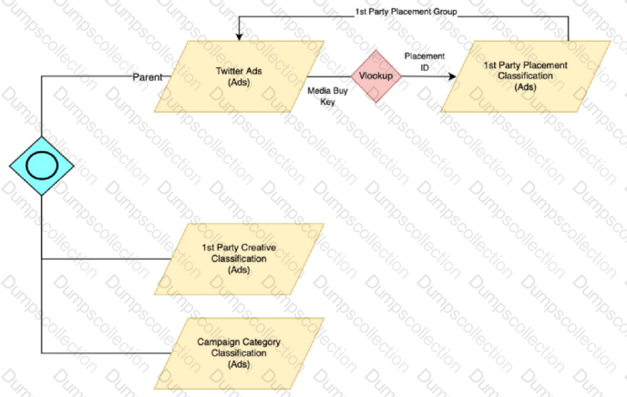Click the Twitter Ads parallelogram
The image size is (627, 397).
(x=239, y=76)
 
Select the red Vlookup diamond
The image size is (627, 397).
(x=375, y=76)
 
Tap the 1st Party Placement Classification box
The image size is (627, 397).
(x=525, y=76)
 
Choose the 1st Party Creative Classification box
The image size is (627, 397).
(x=239, y=258)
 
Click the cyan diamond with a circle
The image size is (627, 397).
(x=42, y=165)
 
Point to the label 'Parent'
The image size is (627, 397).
(x=148, y=77)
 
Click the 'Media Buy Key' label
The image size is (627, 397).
(x=325, y=98)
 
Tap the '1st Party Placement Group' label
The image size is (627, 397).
(x=406, y=12)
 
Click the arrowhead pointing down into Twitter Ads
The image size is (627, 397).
(x=239, y=37)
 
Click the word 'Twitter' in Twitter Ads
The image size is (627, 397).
(x=228, y=70)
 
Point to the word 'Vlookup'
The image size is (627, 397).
(x=375, y=76)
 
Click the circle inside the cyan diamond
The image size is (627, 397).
(x=42, y=165)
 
